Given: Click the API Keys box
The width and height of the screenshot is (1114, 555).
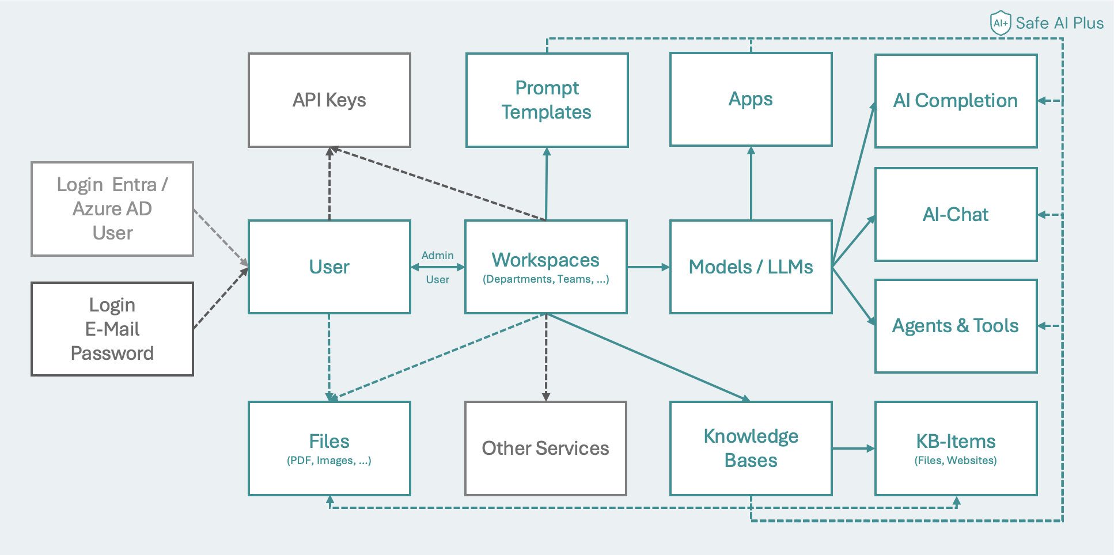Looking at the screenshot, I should (329, 100).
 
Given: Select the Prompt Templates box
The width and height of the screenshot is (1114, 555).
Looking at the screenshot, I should (546, 100).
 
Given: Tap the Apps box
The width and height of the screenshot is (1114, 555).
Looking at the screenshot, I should (751, 99).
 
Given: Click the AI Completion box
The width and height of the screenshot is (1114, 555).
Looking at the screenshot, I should (956, 101).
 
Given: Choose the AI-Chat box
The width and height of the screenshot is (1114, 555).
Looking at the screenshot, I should (956, 214).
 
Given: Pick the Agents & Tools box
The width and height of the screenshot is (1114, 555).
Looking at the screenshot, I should (956, 326).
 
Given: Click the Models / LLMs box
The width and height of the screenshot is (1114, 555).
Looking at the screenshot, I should (751, 267).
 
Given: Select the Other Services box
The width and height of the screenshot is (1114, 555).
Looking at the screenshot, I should (545, 448).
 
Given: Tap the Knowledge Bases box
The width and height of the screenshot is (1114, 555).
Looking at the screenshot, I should (751, 448).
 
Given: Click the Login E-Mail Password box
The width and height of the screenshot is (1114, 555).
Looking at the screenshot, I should (112, 329).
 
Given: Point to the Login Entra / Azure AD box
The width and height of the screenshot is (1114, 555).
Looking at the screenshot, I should (112, 208).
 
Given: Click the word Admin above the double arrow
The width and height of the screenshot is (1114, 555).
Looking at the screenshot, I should (437, 255).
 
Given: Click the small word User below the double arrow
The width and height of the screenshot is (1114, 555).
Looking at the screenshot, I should (437, 280).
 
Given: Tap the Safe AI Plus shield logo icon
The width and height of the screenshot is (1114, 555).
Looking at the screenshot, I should (1001, 23).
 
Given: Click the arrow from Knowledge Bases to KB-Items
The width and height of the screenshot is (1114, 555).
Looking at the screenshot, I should (853, 448).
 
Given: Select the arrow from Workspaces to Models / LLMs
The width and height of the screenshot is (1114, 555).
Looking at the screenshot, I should (648, 267).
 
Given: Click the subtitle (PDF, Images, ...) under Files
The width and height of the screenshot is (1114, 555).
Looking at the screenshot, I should (329, 461).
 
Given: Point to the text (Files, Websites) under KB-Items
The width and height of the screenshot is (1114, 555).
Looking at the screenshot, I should (956, 461).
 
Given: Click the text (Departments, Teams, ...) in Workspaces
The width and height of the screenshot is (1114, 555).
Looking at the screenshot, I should (545, 279).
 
